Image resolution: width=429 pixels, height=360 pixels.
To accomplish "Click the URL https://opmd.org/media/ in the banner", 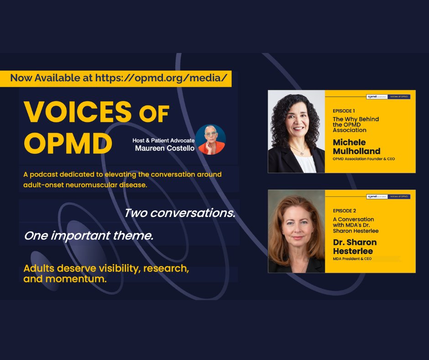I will pyautogui.click(x=161, y=78).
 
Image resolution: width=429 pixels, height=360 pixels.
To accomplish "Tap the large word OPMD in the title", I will pyautogui.click(x=68, y=143).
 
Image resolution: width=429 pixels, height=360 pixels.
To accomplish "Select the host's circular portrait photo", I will pyautogui.click(x=211, y=139).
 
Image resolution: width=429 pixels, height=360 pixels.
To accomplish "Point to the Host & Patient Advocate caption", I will pyautogui.click(x=163, y=140).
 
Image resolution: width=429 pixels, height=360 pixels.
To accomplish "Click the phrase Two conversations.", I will pyautogui.click(x=180, y=213).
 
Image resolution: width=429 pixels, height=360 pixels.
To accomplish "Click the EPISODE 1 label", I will pyautogui.click(x=345, y=111).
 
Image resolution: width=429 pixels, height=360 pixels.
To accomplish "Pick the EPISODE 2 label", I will pyautogui.click(x=345, y=211).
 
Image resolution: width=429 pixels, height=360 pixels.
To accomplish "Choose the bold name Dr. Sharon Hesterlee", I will pyautogui.click(x=355, y=246).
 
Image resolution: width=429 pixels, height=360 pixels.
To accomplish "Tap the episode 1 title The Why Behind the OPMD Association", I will pyautogui.click(x=356, y=124).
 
